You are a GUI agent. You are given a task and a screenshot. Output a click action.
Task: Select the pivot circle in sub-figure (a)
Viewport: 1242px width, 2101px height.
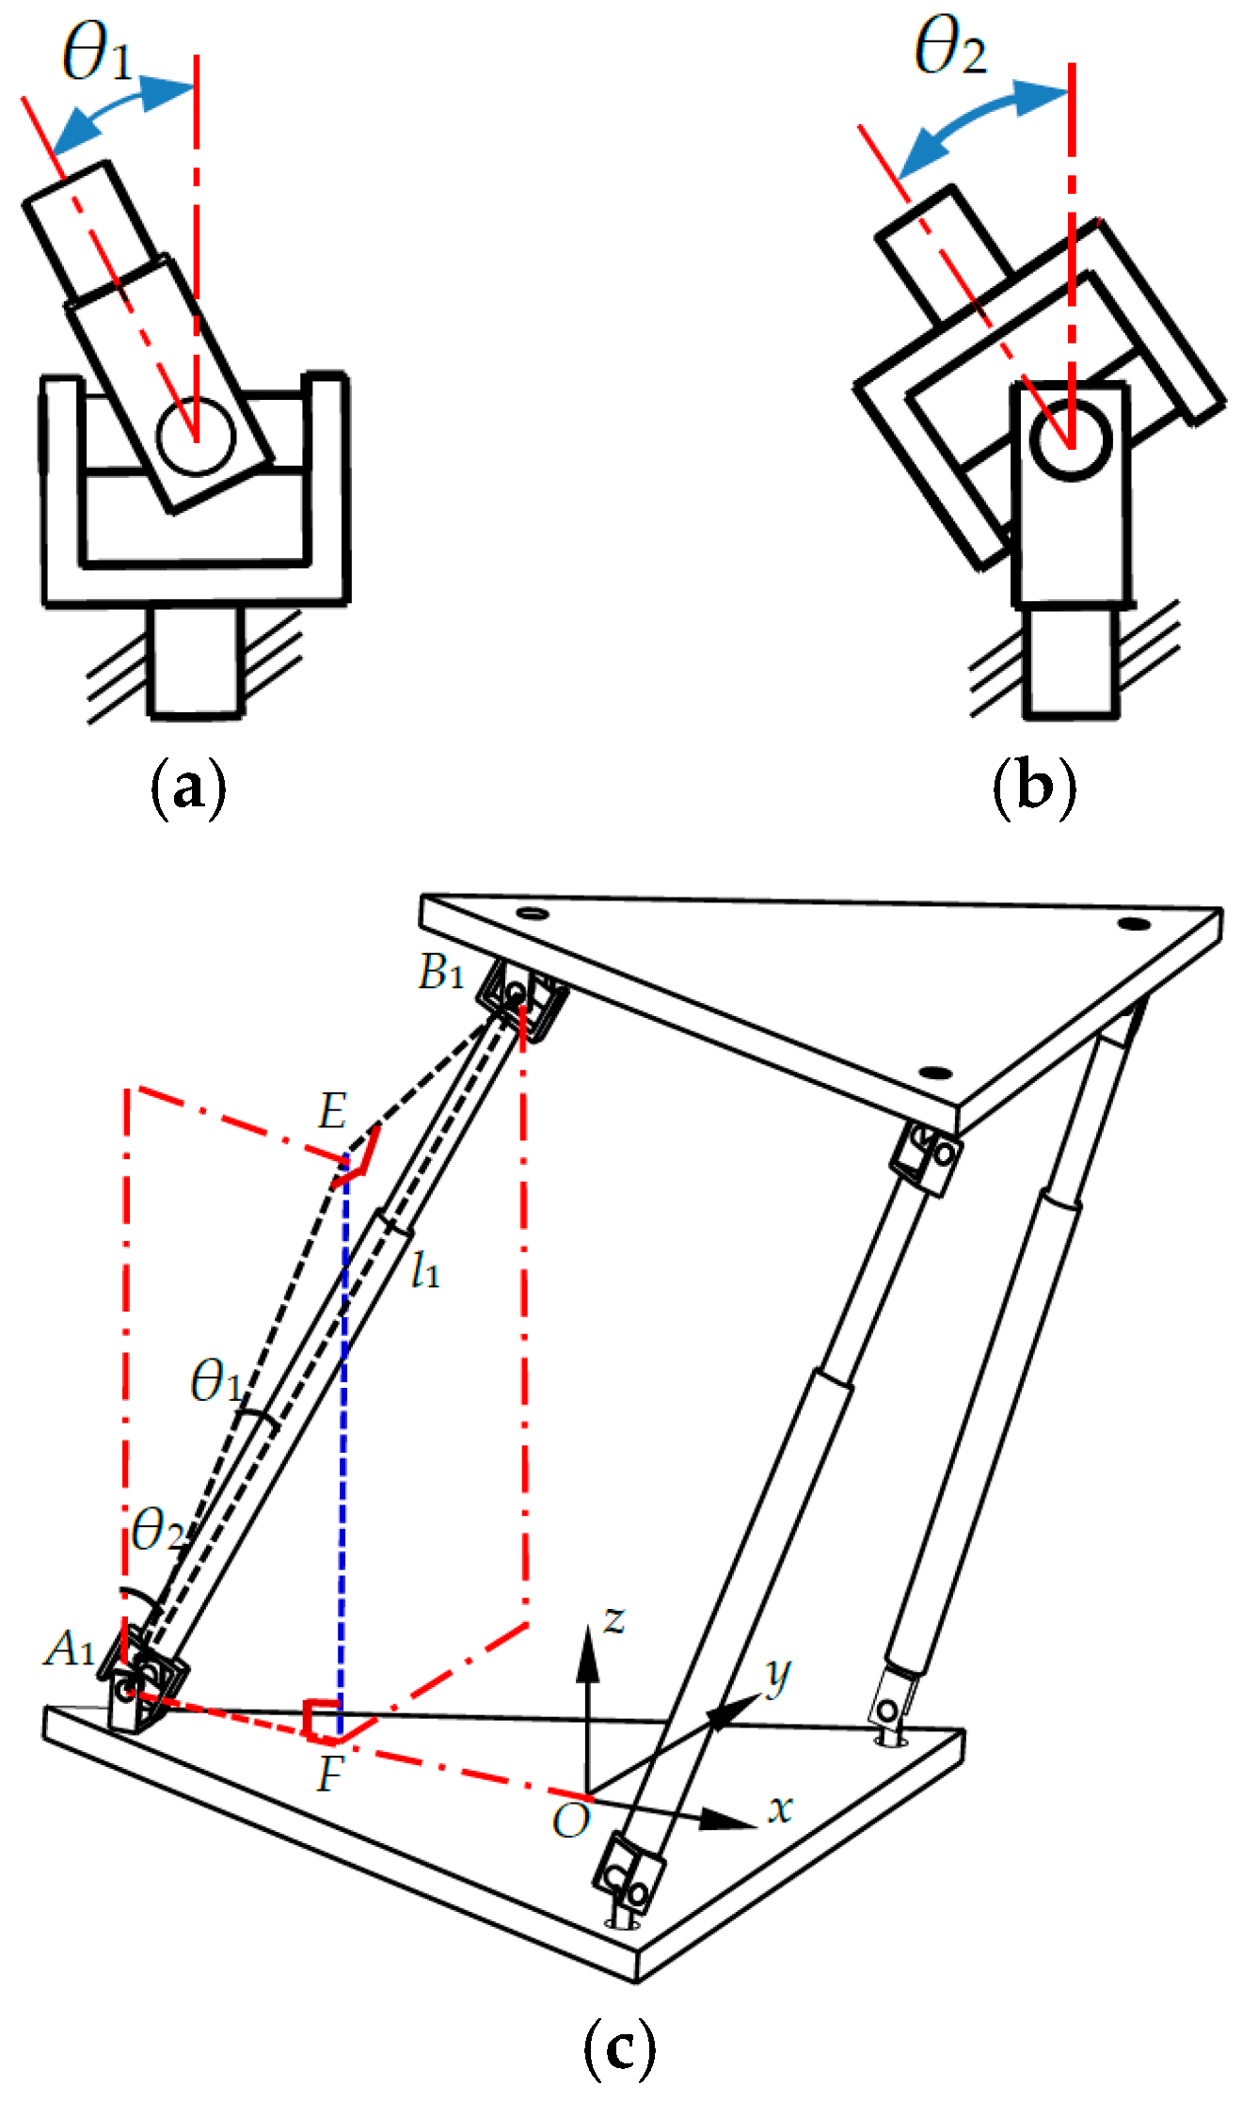[196, 438]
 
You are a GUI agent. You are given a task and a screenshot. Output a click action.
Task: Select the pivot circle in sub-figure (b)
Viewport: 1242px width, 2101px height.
[1071, 439]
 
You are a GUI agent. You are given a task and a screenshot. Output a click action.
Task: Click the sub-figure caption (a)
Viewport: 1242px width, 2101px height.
[189, 787]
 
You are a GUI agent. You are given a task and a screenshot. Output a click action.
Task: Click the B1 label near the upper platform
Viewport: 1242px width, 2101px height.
[441, 972]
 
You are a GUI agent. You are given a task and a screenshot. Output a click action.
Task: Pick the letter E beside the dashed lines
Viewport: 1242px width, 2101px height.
[332, 1112]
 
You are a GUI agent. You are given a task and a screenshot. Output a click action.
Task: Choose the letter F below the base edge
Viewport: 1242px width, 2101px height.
[330, 1775]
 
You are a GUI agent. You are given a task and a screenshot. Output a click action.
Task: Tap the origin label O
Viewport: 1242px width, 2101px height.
[571, 1822]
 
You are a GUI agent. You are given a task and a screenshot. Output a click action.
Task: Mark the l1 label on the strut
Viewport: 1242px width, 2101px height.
[425, 1272]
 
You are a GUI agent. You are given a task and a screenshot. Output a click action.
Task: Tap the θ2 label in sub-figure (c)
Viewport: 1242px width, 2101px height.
[158, 1530]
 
